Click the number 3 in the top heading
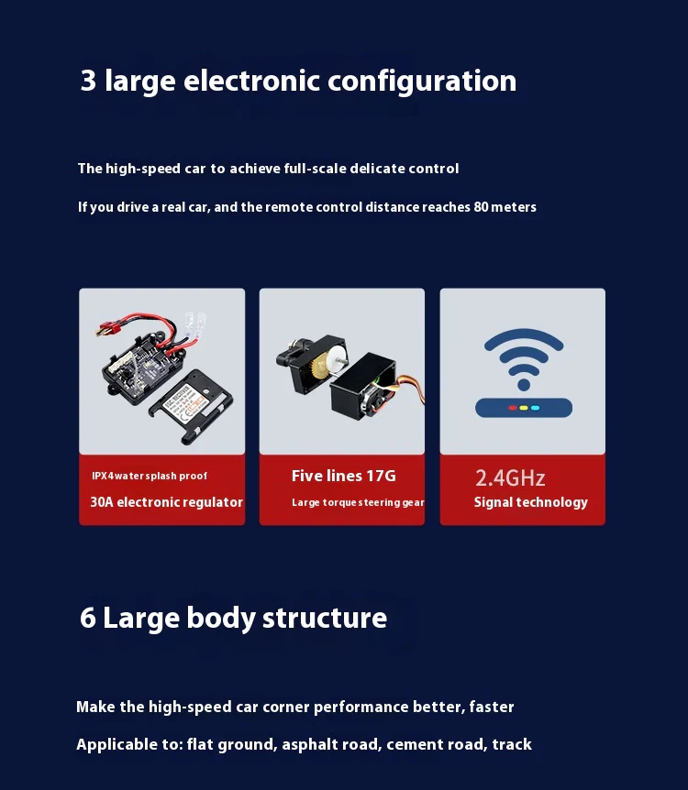tap(88, 81)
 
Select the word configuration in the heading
tap(422, 82)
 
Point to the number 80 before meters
tap(481, 207)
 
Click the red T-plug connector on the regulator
tap(107, 330)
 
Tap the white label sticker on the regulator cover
tap(184, 401)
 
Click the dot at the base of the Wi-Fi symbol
tap(524, 385)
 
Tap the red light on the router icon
tap(513, 408)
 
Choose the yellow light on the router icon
tap(524, 408)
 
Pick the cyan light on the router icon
tap(535, 408)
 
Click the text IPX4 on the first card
tap(103, 476)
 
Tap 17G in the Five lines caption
tap(382, 476)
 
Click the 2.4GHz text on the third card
tap(510, 478)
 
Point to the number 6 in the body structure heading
tap(88, 618)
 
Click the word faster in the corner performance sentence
tap(492, 707)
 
